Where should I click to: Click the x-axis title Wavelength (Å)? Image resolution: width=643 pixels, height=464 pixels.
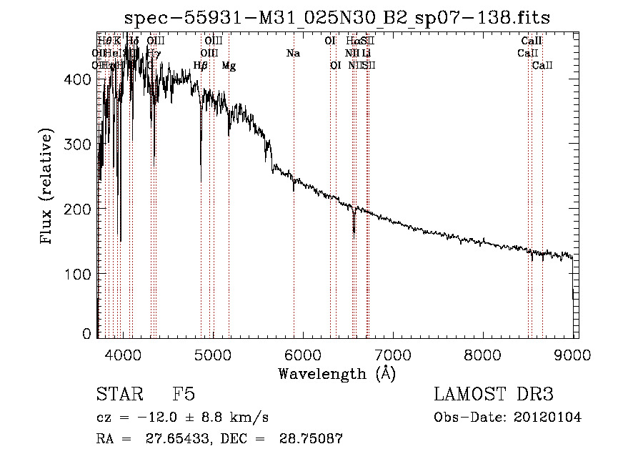click(337, 373)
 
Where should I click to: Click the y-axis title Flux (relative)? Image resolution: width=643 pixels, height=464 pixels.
click(48, 187)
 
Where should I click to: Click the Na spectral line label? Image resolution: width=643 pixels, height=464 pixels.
click(293, 54)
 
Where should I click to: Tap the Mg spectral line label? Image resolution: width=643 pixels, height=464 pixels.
click(229, 66)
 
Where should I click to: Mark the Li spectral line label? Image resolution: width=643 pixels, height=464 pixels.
click(366, 54)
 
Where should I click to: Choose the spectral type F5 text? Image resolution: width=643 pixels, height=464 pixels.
click(184, 395)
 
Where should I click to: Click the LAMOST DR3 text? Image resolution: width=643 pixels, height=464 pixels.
click(494, 395)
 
